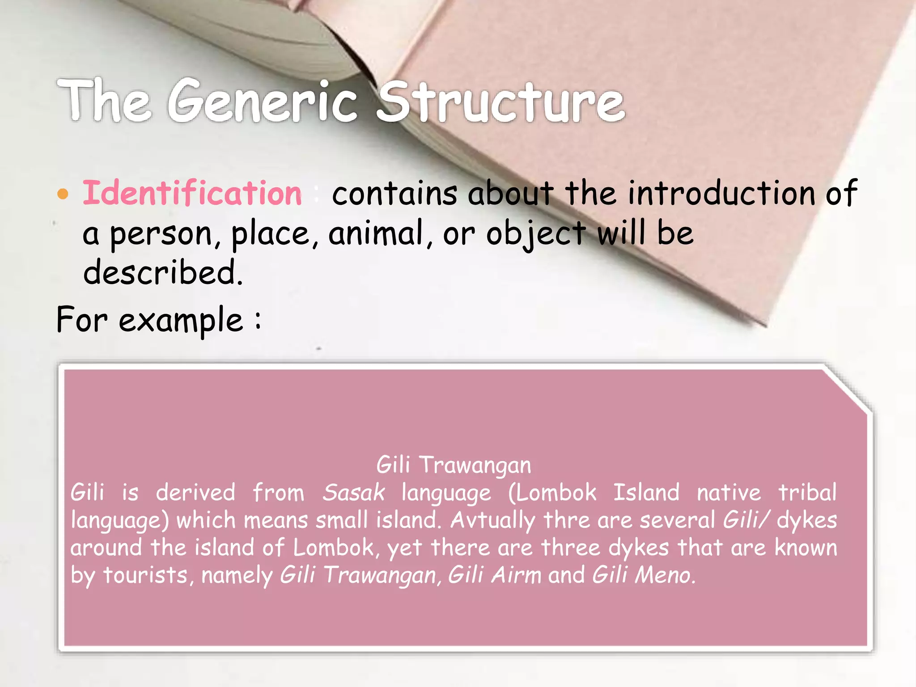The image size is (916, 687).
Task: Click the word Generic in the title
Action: coord(263,102)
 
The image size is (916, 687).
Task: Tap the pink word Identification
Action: coord(192,193)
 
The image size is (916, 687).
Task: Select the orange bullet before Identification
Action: coord(63,194)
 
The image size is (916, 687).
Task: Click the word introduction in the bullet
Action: coord(721,193)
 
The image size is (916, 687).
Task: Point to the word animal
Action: coord(376,233)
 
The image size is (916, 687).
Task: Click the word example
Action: coord(181,320)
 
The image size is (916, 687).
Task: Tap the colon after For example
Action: coord(258,320)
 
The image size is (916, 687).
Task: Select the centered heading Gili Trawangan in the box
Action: coord(454,465)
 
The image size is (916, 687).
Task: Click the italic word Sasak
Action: coord(353,493)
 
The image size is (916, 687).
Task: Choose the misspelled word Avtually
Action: coord(492,521)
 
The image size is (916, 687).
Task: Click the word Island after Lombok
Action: coord(646,493)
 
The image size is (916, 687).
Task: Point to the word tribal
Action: coord(807,493)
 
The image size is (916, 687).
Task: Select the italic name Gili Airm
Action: coord(494,575)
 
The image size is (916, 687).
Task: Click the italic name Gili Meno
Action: coord(643,575)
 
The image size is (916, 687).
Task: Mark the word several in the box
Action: coord(677,521)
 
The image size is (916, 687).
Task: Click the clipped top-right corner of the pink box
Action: coord(848,388)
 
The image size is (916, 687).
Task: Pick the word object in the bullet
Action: coord(536,233)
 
